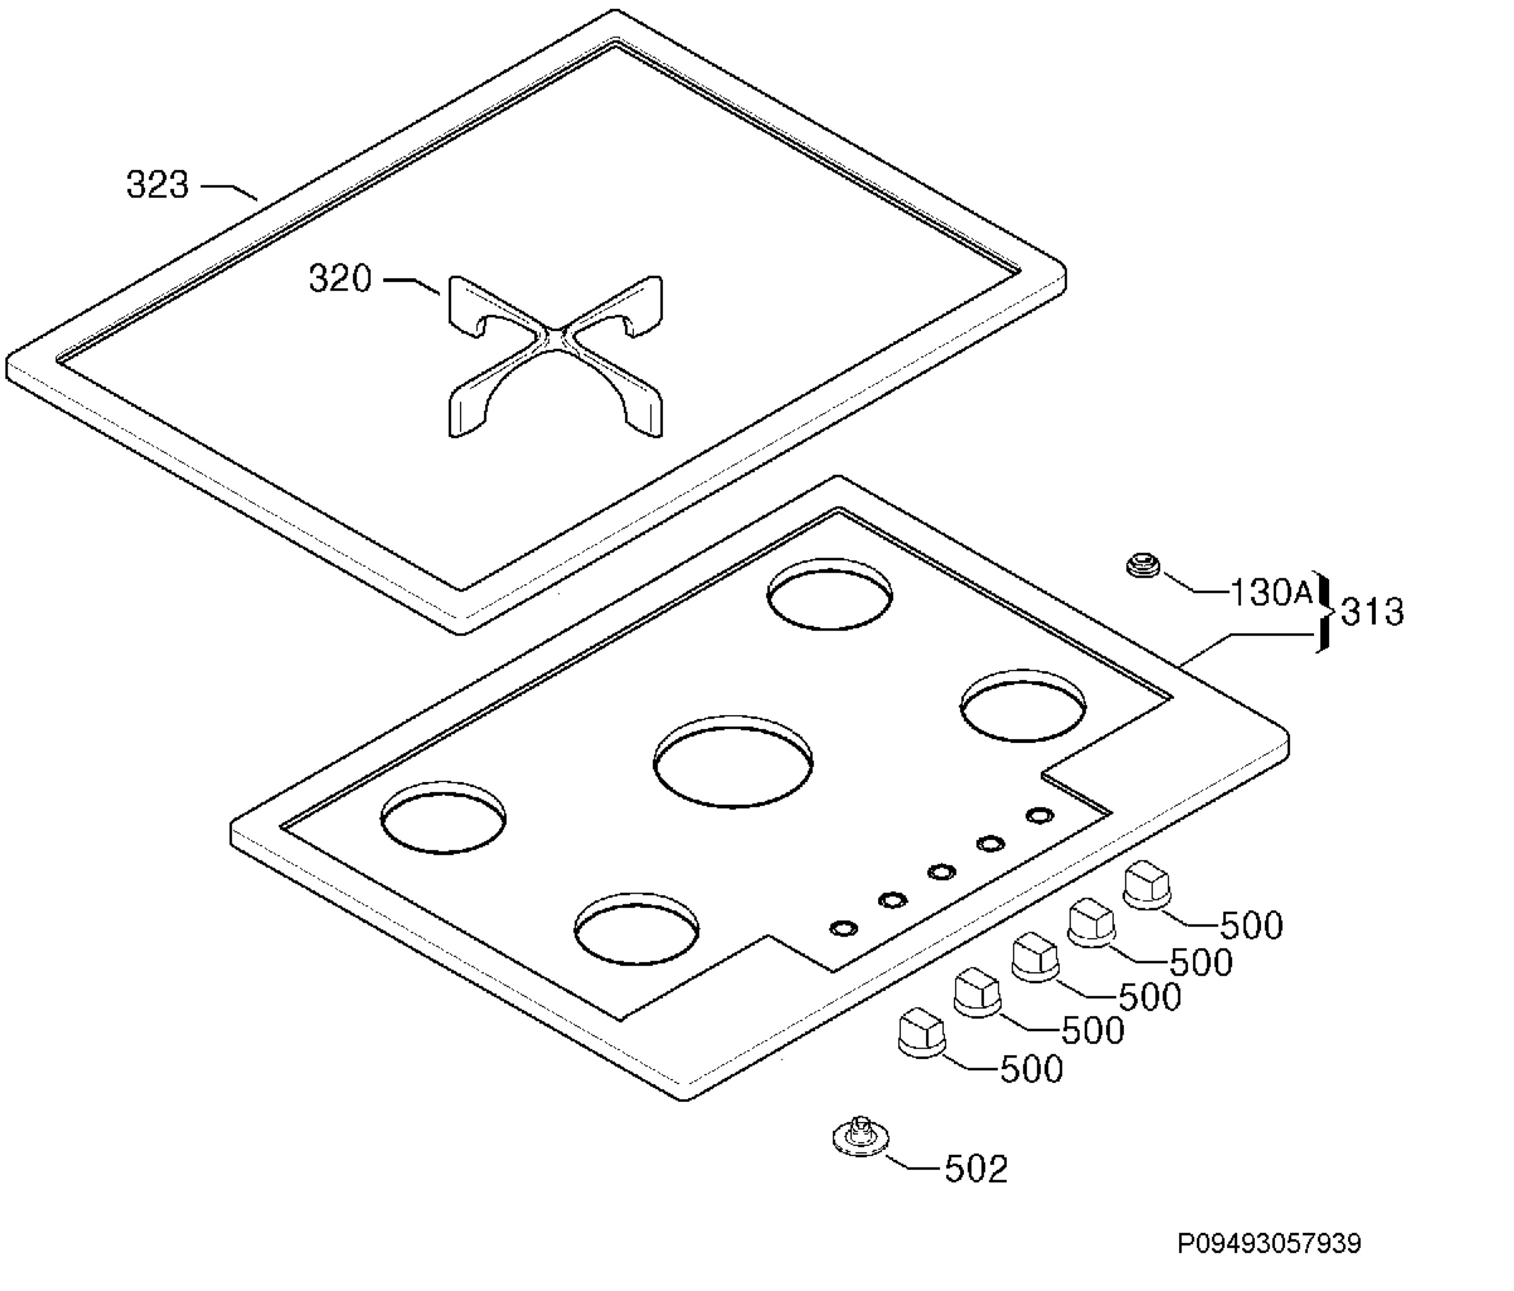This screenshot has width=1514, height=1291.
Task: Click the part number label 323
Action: tap(158, 184)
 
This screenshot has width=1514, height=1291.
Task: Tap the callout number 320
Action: tap(341, 278)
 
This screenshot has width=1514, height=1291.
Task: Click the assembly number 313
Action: tap(1372, 612)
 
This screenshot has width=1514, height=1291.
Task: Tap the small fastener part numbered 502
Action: tap(862, 1138)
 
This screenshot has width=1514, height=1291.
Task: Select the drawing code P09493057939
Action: tap(1269, 1244)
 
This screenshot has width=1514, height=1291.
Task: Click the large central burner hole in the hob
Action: tap(733, 762)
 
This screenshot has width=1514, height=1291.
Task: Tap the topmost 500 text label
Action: tap(1252, 926)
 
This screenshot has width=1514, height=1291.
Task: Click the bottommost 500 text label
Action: tap(1031, 1069)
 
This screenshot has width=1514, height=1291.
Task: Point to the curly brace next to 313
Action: tap(1324, 612)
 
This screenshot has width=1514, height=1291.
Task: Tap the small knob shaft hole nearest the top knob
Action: tap(1040, 815)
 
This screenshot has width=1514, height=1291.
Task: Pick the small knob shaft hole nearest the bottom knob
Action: tap(844, 928)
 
